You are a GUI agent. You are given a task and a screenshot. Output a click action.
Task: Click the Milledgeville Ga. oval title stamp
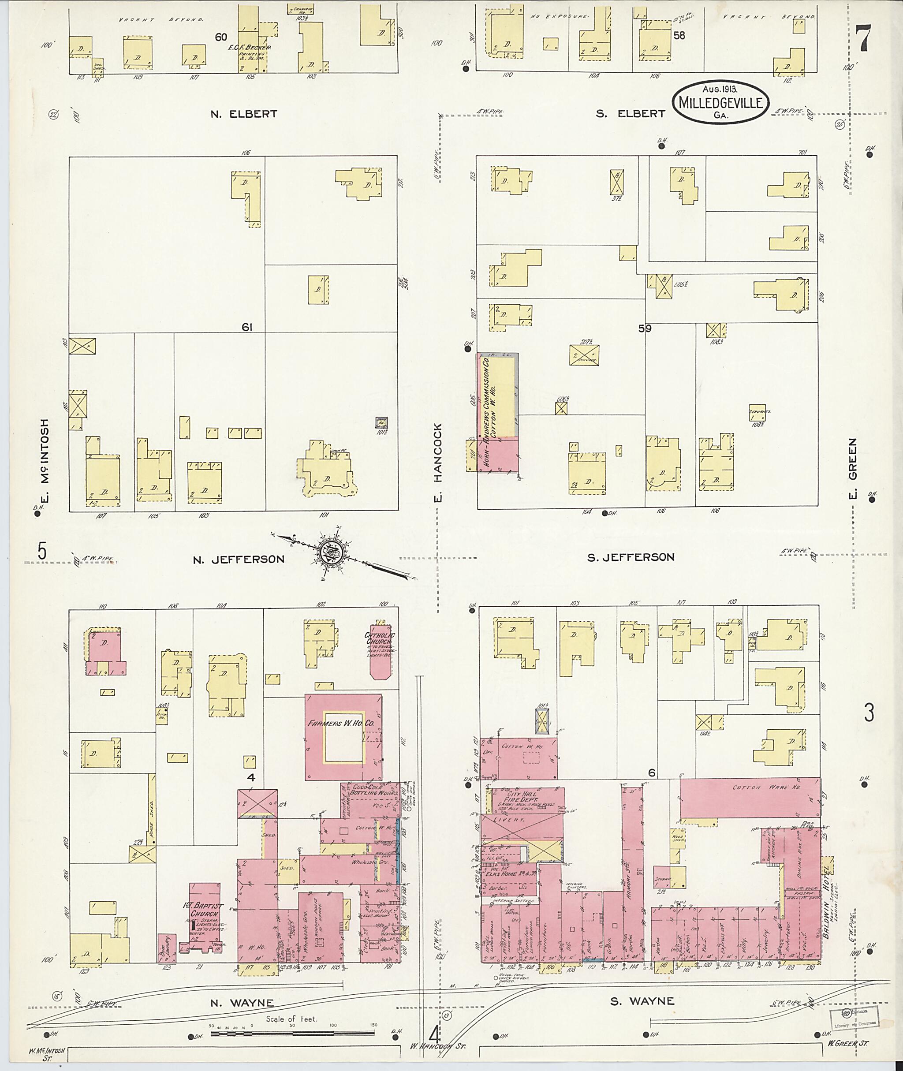[721, 102]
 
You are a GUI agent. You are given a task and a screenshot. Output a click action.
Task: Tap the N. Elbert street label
[244, 114]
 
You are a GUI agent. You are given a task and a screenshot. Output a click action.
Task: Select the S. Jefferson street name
[631, 557]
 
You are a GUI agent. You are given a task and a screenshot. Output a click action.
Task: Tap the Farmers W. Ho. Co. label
[341, 724]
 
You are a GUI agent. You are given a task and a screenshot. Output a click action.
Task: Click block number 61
[247, 327]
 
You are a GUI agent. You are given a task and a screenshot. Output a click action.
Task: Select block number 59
[645, 328]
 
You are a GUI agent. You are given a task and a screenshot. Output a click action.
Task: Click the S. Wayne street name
[642, 1001]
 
